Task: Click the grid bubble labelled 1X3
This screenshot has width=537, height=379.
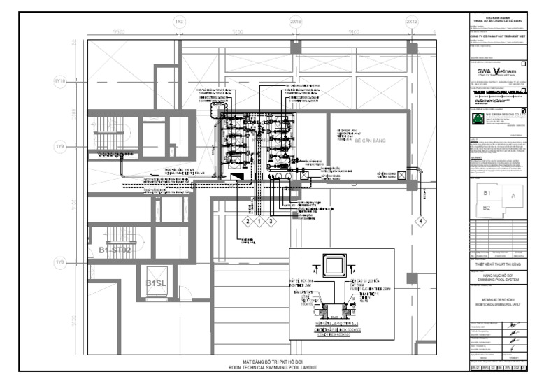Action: pos(179,22)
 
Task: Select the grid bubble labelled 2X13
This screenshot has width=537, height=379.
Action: pos(296,22)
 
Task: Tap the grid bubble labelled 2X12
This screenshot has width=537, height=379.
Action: pos(413,22)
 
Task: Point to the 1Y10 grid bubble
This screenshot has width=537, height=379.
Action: pos(59,82)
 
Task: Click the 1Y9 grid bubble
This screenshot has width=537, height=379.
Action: pos(59,147)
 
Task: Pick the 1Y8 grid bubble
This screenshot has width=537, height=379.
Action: pos(59,262)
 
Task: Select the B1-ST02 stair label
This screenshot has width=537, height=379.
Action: pos(115,250)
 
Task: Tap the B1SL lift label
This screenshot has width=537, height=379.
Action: pos(155,283)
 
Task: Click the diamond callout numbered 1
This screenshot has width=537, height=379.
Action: pos(259,221)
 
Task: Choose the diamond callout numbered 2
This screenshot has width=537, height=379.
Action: pos(246,221)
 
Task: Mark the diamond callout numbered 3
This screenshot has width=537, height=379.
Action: pos(272,221)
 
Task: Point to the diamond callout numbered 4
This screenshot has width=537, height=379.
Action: pos(421,221)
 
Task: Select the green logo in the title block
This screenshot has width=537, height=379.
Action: pos(478,119)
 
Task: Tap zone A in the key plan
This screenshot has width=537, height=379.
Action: pos(513,197)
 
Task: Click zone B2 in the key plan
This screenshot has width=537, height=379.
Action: pos(488,208)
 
